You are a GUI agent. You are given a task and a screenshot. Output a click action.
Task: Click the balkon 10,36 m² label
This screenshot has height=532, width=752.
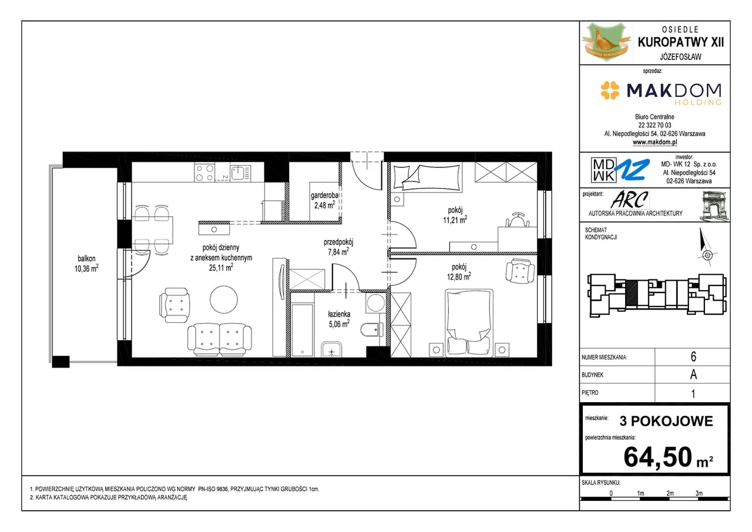coord(86,263)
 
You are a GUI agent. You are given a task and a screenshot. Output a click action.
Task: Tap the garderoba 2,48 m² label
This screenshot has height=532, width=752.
coord(324,200)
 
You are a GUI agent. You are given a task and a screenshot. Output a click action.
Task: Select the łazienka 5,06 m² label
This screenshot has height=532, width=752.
coord(339,319)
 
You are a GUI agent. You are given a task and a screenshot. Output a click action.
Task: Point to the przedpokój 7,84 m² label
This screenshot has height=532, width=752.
coord(338,247)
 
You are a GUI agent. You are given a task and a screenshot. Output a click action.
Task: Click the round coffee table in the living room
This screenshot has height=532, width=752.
coord(224,299)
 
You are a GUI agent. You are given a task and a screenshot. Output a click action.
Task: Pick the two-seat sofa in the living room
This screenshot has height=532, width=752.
coord(220,339)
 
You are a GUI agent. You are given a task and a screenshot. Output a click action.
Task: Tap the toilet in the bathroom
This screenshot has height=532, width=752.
coord(372,330)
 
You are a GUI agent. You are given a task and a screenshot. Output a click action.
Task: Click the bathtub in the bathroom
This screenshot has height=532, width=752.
coord(303,330)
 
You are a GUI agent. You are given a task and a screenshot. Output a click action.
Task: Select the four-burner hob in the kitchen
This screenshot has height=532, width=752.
coord(204,172)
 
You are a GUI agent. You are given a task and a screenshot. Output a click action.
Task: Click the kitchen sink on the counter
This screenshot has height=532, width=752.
coord(240,173)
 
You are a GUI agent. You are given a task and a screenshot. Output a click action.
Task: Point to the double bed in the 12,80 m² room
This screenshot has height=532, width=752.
coord(469,323)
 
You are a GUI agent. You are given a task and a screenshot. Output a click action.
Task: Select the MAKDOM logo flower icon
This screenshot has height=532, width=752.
coord(610,90)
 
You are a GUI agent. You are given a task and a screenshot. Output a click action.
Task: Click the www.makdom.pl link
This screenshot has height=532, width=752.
coord(654,142)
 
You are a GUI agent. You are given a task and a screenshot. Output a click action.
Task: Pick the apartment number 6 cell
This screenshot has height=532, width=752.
coord(693,356)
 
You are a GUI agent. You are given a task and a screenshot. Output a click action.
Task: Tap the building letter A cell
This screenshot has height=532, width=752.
coord(693,375)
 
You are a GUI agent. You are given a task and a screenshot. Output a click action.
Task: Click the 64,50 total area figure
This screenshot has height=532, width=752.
coord(657,456)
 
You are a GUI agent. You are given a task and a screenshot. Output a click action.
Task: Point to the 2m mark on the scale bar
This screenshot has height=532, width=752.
coord(670,493)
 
